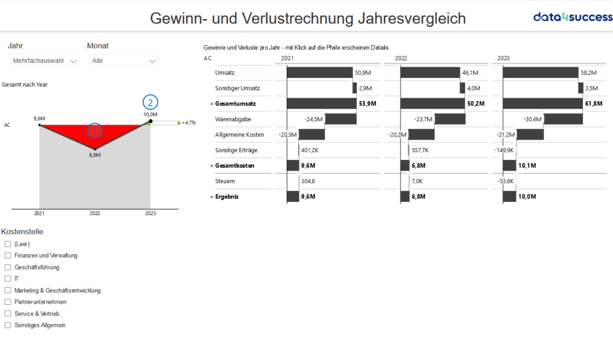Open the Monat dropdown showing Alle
coord(123,60)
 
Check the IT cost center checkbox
coord(8,279)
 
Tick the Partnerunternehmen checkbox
coord(8,302)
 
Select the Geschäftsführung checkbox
coord(8,267)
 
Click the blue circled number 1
coord(95,129)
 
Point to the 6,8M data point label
coord(95,155)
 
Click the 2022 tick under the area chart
coord(95,213)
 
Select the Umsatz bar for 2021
coord(320,72)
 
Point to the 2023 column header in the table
coord(503,58)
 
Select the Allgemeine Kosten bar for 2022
coord(421,135)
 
